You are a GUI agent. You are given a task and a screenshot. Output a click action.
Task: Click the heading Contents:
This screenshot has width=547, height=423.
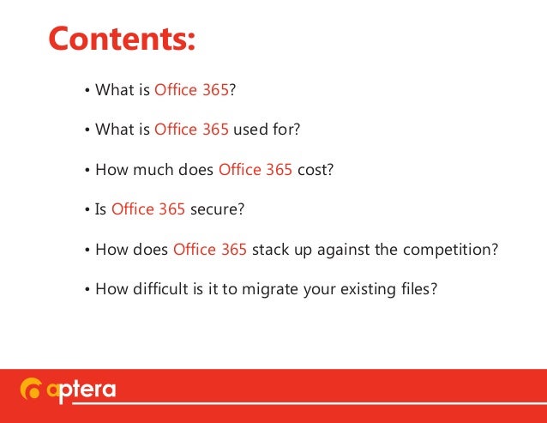click(x=122, y=38)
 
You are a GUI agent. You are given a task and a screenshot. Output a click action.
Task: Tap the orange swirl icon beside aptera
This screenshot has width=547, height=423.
click(x=30, y=391)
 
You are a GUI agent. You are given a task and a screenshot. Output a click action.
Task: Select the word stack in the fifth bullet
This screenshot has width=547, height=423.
click(x=271, y=250)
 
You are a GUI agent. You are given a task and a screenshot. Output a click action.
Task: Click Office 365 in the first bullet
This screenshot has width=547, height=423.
click(x=192, y=89)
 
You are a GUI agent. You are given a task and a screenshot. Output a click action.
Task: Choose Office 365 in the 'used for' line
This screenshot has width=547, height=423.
click(x=192, y=130)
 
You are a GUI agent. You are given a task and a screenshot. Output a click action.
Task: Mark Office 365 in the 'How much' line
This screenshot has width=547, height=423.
click(x=255, y=169)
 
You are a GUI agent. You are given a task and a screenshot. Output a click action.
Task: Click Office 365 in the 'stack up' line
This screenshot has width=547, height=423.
click(x=210, y=250)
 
